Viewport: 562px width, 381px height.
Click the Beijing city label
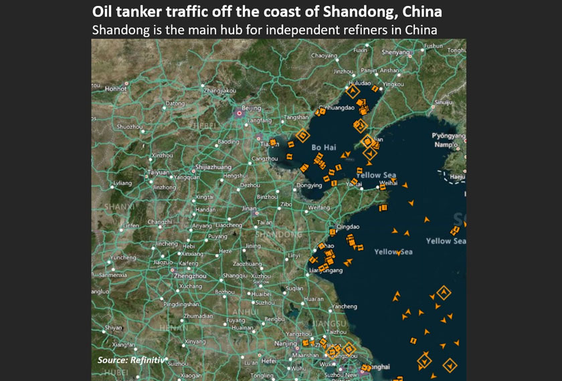pos(251,108)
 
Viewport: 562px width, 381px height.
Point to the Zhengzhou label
pos(190,275)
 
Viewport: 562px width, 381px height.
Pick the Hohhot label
pos(116,88)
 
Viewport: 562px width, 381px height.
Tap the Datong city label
pos(175,104)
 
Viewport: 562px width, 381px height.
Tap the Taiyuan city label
pos(159,172)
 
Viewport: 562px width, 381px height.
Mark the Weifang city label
pos(318,208)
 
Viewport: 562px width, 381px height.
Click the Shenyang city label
pos(395,52)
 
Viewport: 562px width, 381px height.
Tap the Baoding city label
pos(228,142)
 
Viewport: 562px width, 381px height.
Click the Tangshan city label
pos(296,117)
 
